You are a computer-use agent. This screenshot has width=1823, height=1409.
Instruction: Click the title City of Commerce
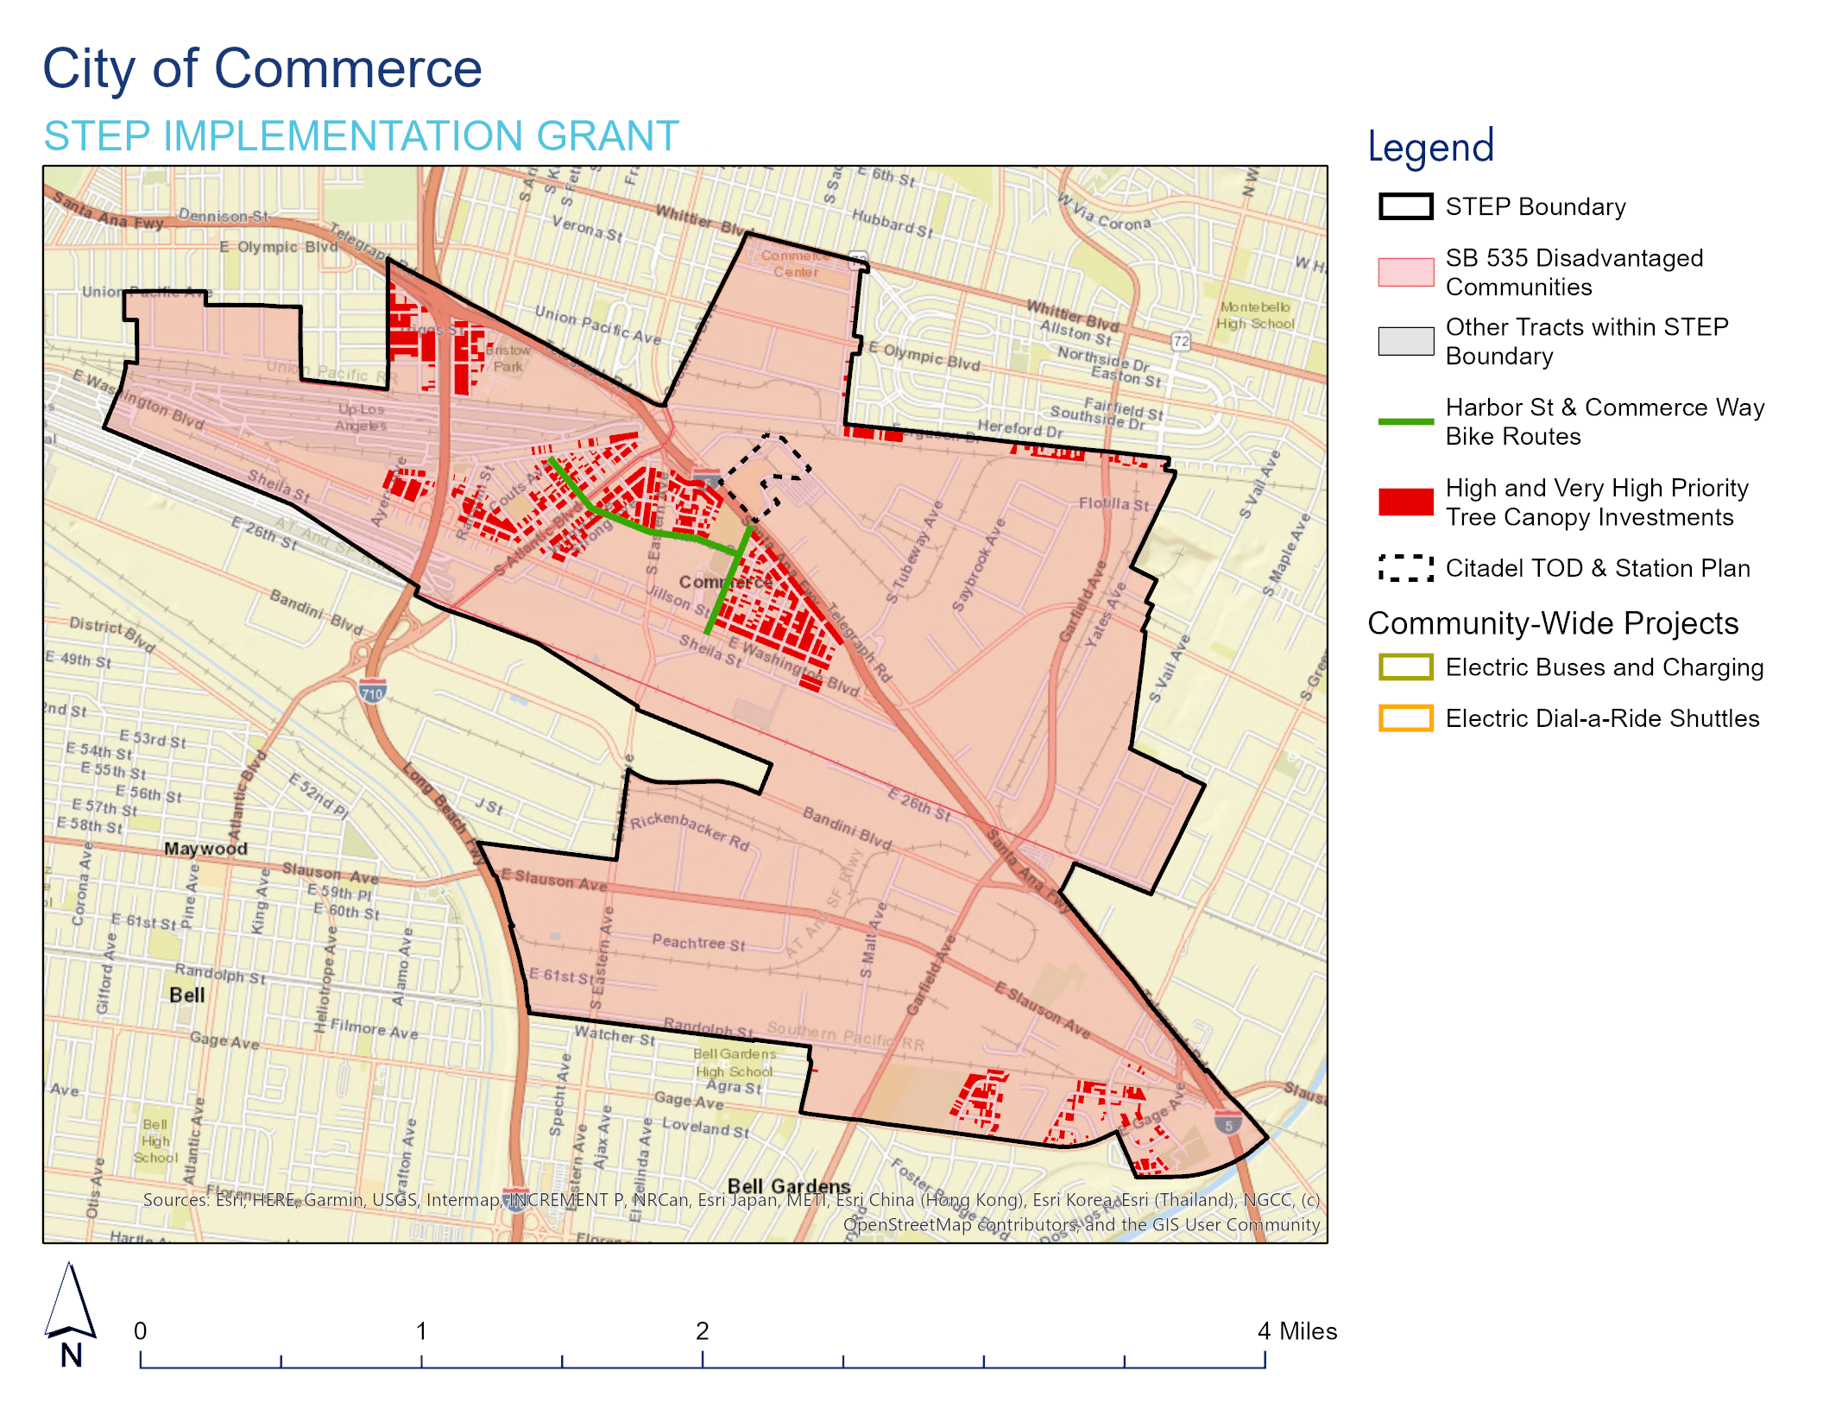[262, 69]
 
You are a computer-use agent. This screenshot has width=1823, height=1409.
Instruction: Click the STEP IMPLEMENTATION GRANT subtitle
[361, 136]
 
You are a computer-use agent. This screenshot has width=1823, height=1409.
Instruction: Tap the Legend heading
[1430, 147]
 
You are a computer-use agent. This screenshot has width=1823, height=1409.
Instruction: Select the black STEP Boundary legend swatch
[1405, 207]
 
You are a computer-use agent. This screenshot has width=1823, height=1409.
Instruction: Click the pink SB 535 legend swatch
[1405, 272]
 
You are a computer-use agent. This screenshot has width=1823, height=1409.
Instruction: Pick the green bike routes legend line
[1405, 421]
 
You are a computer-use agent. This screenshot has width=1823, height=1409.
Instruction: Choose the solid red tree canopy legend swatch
[1405, 502]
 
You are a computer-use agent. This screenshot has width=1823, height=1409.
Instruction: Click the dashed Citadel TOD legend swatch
[1405, 568]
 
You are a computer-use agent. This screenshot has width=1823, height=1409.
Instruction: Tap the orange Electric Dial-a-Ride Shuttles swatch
[1405, 718]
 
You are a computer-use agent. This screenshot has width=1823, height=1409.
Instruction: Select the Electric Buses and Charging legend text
[1604, 667]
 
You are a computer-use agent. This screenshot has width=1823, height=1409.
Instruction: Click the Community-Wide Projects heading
[1553, 623]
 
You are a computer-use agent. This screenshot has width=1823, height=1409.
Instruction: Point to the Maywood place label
[205, 849]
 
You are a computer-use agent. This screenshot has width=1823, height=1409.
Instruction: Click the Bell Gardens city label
[788, 1185]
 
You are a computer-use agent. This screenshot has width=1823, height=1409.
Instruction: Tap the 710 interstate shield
[372, 692]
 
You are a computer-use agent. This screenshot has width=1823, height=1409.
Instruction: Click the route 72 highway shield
[1181, 341]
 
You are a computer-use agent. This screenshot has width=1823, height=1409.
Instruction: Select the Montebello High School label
[1255, 315]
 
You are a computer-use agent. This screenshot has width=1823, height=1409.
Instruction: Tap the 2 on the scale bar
[702, 1331]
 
